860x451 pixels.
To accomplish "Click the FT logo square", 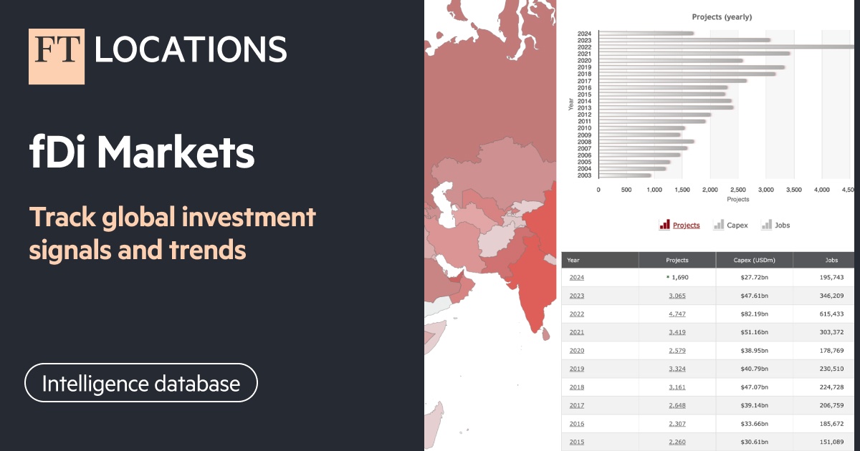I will pos(57,57).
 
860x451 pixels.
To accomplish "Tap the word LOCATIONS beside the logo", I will pos(191,49).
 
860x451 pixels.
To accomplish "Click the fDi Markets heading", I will pos(142,153).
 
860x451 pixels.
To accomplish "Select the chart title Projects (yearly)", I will pos(722,16).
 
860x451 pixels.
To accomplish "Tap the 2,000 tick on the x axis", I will pos(710,190).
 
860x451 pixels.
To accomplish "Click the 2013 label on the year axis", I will pos(584,107).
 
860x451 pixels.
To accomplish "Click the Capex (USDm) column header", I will pos(754,261).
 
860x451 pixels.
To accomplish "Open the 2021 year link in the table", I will pos(577,332).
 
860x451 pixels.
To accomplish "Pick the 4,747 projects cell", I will pos(677,314).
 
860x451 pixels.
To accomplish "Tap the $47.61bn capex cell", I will pos(754,296).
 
